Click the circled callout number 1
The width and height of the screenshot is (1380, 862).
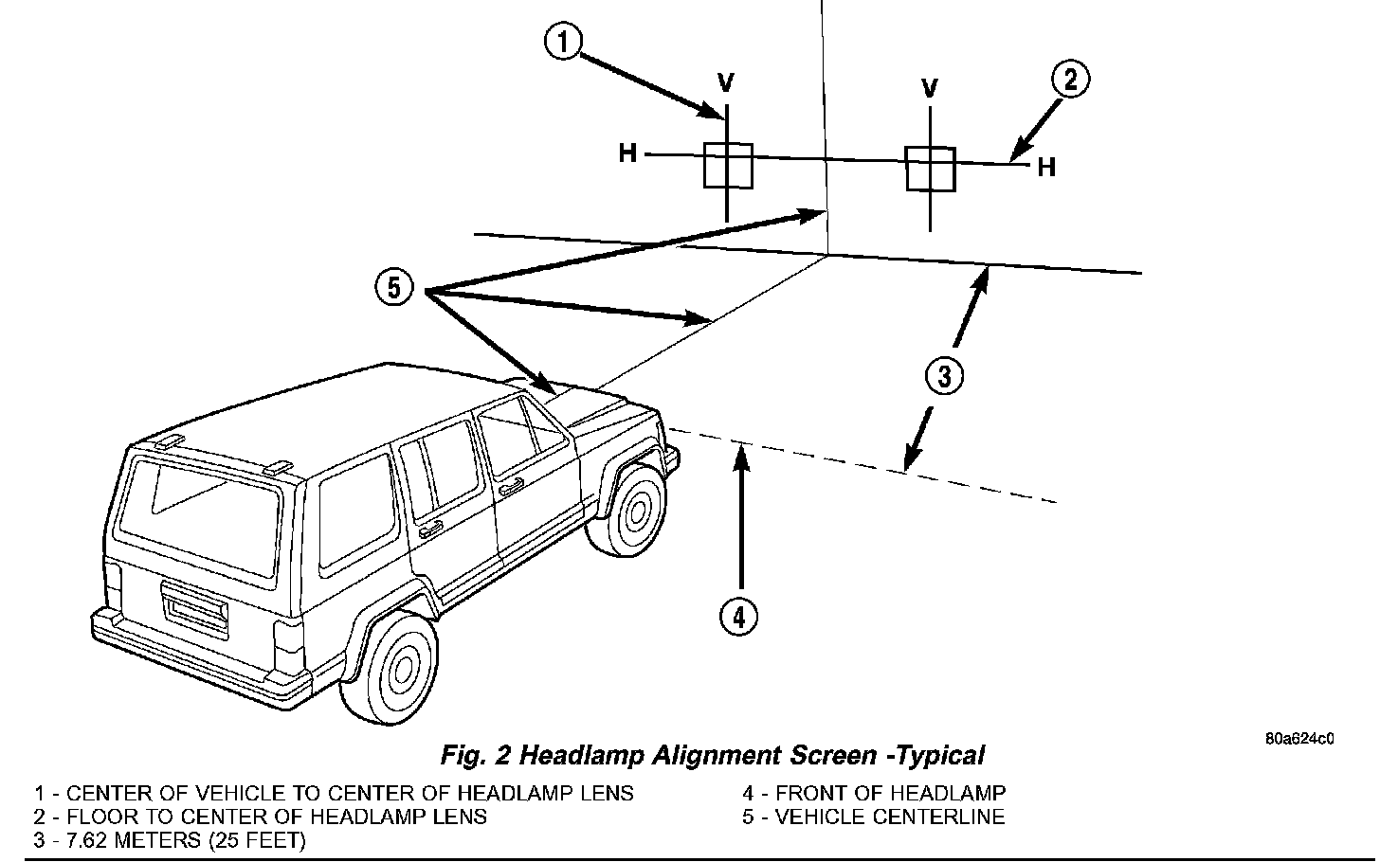pyautogui.click(x=564, y=44)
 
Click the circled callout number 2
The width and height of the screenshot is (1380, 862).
pyautogui.click(x=1070, y=80)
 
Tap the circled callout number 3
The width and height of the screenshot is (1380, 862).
pyautogui.click(x=944, y=376)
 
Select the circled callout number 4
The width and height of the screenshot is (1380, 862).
pyautogui.click(x=739, y=617)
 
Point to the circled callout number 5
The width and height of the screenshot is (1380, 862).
pyautogui.click(x=394, y=286)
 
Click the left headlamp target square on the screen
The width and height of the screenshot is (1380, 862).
pyautogui.click(x=728, y=166)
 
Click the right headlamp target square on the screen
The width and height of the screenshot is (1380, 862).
pyautogui.click(x=930, y=170)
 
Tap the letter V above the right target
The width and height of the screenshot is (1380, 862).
pyautogui.click(x=930, y=89)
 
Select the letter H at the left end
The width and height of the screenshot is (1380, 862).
pyautogui.click(x=627, y=153)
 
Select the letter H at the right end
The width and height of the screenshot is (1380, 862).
pyautogui.click(x=1045, y=168)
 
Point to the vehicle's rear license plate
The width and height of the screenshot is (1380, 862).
pyautogui.click(x=195, y=608)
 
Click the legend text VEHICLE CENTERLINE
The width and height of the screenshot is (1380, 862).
pyautogui.click(x=889, y=817)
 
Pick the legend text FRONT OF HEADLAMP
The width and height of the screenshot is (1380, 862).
pyautogui.click(x=890, y=793)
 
